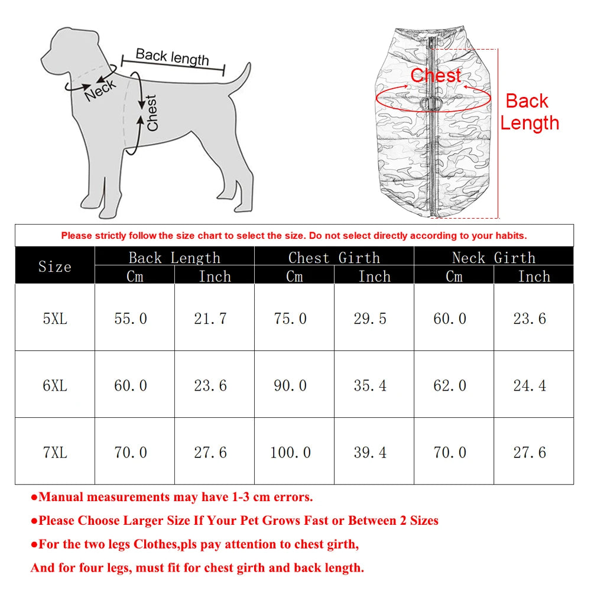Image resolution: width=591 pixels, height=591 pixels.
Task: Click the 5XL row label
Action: [x=55, y=319]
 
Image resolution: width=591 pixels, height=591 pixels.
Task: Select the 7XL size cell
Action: [x=55, y=452]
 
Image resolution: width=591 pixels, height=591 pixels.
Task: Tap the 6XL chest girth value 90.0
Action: [x=290, y=385]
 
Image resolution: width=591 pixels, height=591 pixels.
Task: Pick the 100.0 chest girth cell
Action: [x=290, y=452]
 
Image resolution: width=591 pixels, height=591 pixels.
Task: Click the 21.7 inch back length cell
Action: [x=210, y=319]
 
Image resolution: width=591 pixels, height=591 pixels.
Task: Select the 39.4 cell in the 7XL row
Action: [x=370, y=452]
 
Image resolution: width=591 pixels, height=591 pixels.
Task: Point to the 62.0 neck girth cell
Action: [x=450, y=385]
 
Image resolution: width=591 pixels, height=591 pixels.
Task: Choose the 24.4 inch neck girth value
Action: [x=530, y=385]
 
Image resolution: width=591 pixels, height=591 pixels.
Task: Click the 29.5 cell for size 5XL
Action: [x=370, y=319]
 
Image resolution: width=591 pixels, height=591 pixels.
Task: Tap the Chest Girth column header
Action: [x=334, y=258]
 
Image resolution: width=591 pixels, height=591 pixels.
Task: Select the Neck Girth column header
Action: [x=493, y=258]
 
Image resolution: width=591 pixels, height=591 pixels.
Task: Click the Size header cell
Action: [x=55, y=267]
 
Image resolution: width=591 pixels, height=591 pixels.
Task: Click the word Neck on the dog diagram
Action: [x=100, y=90]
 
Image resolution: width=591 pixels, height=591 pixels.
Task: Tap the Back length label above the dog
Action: [x=172, y=57]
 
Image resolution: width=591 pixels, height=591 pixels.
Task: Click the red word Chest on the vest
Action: [x=436, y=76]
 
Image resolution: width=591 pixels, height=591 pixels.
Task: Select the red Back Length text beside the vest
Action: [x=529, y=112]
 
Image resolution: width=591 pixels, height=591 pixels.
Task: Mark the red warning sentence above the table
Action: [x=294, y=235]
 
